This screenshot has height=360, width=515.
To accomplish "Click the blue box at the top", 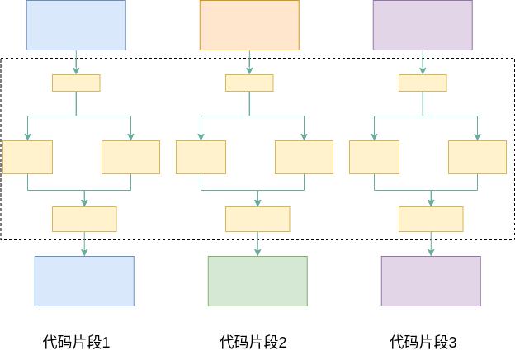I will pyautogui.click(x=76, y=25).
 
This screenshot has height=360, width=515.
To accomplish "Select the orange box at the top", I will pyautogui.click(x=249, y=25).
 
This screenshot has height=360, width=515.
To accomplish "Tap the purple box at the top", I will pyautogui.click(x=423, y=25).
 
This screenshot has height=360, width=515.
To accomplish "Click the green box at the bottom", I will pyautogui.click(x=257, y=281).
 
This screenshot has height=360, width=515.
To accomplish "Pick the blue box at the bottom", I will pyautogui.click(x=84, y=281).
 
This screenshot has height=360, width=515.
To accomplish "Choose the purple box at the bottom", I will pyautogui.click(x=431, y=281).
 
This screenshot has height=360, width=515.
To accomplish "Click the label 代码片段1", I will pyautogui.click(x=76, y=342).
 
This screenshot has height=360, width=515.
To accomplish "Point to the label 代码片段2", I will pyautogui.click(x=253, y=342).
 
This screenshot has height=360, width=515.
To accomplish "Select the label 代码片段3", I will pyautogui.click(x=423, y=342).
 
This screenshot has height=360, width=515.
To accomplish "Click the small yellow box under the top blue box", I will pyautogui.click(x=76, y=83).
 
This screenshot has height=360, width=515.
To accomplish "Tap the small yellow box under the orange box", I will pyautogui.click(x=249, y=83).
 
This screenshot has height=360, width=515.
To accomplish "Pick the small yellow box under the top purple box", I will pyautogui.click(x=423, y=83).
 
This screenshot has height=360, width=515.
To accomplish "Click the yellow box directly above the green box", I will pyautogui.click(x=257, y=219).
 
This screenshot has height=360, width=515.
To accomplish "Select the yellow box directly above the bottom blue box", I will pyautogui.click(x=84, y=219).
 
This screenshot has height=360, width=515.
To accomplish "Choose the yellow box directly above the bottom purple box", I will pyautogui.click(x=431, y=219).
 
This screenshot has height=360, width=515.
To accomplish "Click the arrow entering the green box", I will pyautogui.click(x=257, y=244).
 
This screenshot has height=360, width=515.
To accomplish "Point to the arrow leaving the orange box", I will pyautogui.click(x=249, y=62).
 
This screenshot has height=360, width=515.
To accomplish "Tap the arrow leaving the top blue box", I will pyautogui.click(x=76, y=62).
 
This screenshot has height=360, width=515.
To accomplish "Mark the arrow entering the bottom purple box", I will pyautogui.click(x=431, y=244).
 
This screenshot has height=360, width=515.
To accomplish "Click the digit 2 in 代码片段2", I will pyautogui.click(x=282, y=342).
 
